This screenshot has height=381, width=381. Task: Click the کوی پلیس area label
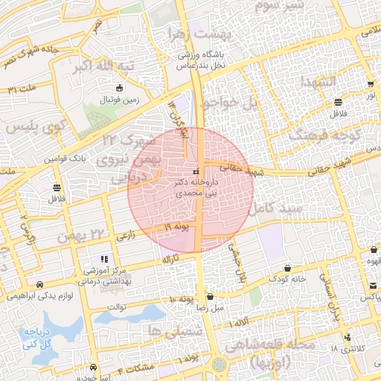(x=32, y=128)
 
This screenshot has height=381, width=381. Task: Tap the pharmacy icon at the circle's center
(x=196, y=161)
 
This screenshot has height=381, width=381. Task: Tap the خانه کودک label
(x=288, y=278)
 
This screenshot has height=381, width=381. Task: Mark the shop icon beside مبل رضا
(x=210, y=296)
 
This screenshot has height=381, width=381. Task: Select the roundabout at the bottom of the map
(x=219, y=365)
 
